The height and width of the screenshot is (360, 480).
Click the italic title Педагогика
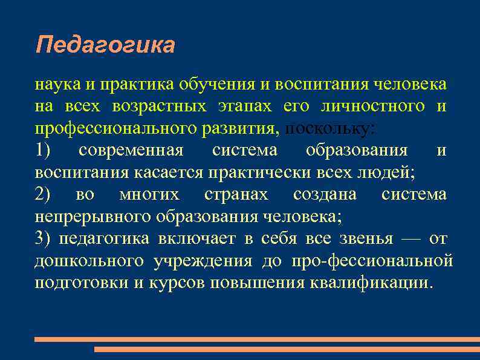[x=105, y=45]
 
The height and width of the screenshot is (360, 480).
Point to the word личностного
[x=374, y=107]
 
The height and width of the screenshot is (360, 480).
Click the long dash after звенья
[x=410, y=238]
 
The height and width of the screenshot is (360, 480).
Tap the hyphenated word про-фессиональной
[x=371, y=261]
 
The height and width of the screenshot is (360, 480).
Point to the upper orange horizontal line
[x=257, y=339]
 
